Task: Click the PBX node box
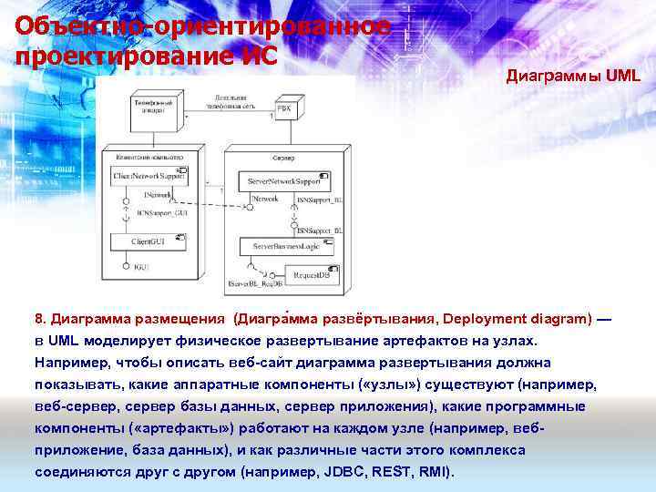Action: coord(284,108)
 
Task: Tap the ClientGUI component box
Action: coord(148,242)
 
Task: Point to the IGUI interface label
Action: coord(141,268)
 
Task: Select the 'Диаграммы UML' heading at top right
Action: coord(573,77)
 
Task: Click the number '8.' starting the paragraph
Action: coord(41,319)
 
